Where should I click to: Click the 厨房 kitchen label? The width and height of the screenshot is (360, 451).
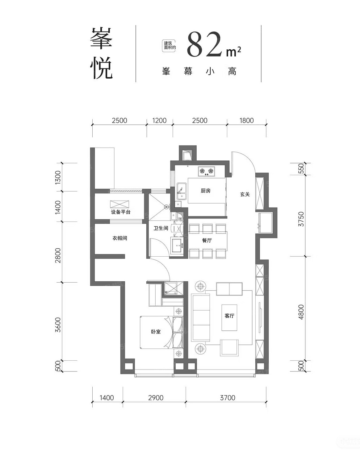(x=205, y=191)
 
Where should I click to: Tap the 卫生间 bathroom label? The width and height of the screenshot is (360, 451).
(x=161, y=228)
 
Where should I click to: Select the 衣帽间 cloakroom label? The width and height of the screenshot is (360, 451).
(x=120, y=238)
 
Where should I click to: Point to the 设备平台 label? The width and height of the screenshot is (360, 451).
(x=121, y=212)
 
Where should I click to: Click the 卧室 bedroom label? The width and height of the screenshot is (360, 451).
(x=156, y=332)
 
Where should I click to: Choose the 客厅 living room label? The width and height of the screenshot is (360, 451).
(x=229, y=316)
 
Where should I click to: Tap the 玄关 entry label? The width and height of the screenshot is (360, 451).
(x=245, y=194)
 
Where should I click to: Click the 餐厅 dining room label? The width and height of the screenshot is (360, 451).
(x=207, y=240)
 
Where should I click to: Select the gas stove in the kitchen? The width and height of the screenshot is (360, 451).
(x=207, y=171)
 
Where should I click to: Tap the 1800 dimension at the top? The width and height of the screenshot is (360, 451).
(x=246, y=121)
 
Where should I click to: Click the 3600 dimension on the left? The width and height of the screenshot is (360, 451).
(x=58, y=325)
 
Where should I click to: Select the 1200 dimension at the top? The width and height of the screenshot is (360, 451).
(x=159, y=121)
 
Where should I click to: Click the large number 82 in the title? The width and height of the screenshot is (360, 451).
(x=205, y=44)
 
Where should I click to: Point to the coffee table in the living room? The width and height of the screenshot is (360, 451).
(x=229, y=318)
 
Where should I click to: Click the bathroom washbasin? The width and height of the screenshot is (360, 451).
(x=178, y=246)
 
